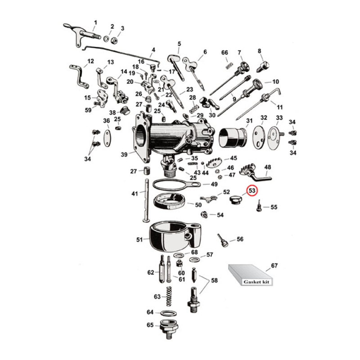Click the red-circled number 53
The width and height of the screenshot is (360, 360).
[252, 191]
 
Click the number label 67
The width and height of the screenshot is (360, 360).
[274, 265]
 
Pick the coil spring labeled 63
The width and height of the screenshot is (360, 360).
[170, 297]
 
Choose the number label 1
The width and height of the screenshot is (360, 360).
[95, 22]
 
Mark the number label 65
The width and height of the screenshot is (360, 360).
[150, 324]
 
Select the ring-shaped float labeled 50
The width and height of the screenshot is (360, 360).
[169, 203]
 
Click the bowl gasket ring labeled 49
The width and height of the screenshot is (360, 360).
[171, 184]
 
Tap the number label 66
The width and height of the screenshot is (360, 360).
[225, 53]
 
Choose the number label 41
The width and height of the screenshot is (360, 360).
[135, 194]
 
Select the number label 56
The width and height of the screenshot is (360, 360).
[240, 239]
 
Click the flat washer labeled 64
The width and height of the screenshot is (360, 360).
[167, 313]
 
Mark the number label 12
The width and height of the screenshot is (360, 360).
[90, 61]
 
